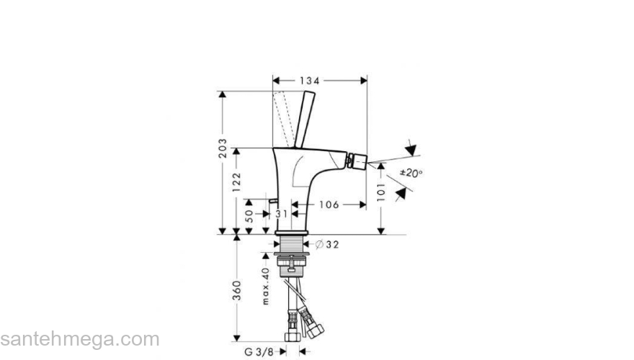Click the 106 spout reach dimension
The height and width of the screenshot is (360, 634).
click(x=329, y=204)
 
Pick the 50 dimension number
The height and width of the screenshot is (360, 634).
click(x=249, y=215)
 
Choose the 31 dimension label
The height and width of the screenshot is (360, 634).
click(x=281, y=214)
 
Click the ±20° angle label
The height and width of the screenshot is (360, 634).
click(x=411, y=173)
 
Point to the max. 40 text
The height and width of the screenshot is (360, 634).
click(x=264, y=286)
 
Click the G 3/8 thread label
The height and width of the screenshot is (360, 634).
click(x=257, y=351)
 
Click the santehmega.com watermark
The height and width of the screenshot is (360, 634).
click(x=79, y=338)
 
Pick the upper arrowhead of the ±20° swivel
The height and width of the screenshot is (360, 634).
click(x=411, y=150)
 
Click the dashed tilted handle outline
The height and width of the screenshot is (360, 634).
click(x=284, y=115)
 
